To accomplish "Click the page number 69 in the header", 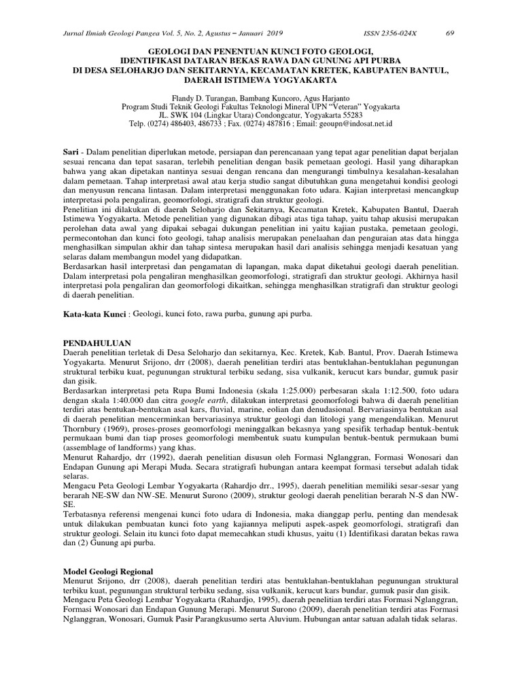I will (449, 33).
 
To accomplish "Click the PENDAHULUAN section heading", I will (97, 344).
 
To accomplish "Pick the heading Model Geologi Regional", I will (107, 570).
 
